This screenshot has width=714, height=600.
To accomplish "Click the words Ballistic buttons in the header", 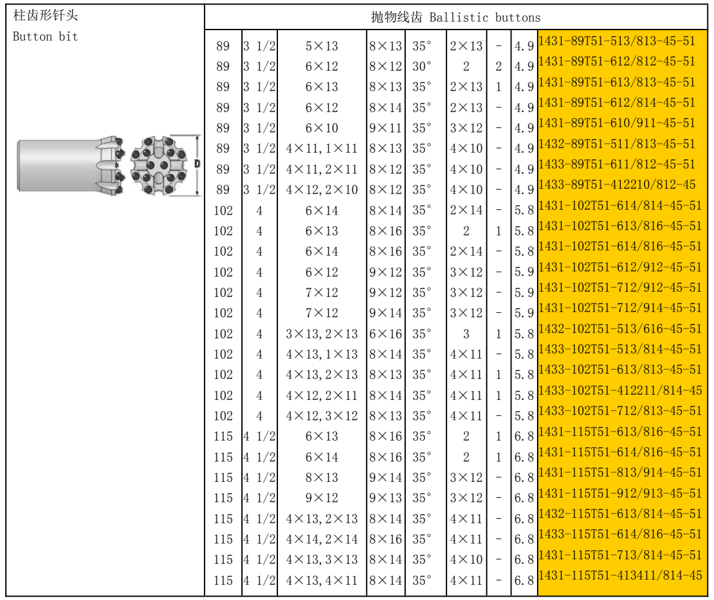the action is pyautogui.click(x=485, y=18).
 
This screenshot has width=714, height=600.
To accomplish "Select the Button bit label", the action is pyautogui.click(x=45, y=37).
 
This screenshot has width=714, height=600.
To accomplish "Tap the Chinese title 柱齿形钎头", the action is pyautogui.click(x=45, y=16).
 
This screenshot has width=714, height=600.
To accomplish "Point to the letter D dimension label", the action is pyautogui.click(x=197, y=163).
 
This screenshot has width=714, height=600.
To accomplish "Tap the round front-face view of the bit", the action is pyautogui.click(x=159, y=165).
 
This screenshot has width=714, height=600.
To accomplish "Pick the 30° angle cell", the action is pyautogui.click(x=422, y=66).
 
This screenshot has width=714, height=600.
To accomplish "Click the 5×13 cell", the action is pyautogui.click(x=321, y=46).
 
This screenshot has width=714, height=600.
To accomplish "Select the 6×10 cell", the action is pyautogui.click(x=321, y=128).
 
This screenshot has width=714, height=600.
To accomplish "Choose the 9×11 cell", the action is pyautogui.click(x=386, y=128).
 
